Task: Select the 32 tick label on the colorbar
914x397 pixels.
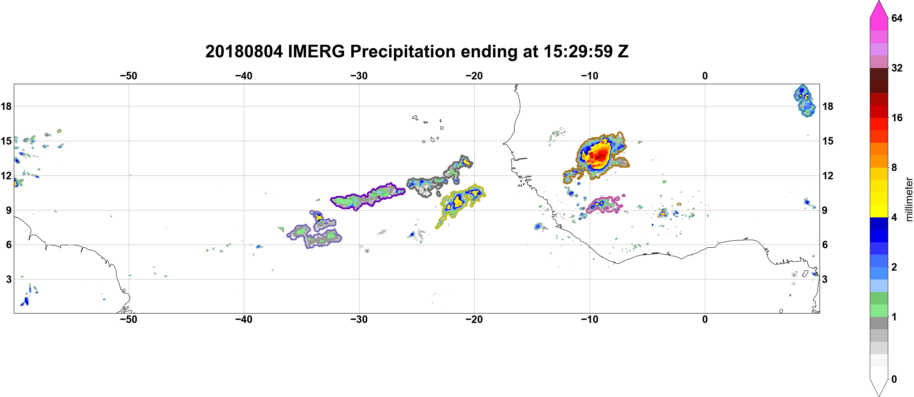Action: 897,68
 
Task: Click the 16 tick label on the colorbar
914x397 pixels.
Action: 897,118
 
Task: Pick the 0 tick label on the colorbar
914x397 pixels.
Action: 894,379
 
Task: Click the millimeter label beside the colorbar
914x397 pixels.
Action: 909,199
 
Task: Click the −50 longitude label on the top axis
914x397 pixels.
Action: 128,76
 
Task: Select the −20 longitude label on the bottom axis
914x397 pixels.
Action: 474,319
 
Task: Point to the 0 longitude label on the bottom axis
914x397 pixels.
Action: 705,319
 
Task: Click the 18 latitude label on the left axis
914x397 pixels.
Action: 6,106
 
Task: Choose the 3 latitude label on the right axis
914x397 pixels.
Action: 825,279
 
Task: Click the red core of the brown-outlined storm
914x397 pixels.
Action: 599,155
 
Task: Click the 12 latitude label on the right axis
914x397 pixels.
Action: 828,175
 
